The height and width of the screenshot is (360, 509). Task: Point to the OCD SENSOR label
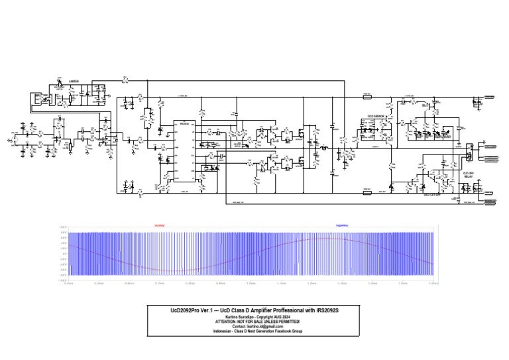(377, 116)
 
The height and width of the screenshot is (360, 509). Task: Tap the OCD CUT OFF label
(432, 195)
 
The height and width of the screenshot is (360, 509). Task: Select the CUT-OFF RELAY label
(468, 175)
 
